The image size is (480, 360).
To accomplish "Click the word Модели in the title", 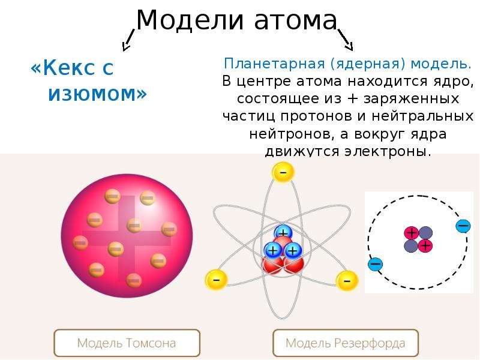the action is point(190,20).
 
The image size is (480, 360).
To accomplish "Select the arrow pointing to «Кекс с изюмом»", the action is point(128,40).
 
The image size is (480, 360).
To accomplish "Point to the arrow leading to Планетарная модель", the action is point(346,40).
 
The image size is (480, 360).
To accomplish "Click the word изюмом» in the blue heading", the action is point(98,94).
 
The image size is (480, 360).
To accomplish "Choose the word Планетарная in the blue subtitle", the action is point(274,64).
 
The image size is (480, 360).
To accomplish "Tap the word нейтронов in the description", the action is point(291,134).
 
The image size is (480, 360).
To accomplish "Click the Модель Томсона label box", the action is point(127,343).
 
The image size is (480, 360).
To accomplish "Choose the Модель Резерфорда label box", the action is point(346,343).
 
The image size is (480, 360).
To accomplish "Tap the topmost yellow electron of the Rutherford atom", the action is point(283,172).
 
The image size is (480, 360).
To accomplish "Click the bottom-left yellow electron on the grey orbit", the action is point(216,280).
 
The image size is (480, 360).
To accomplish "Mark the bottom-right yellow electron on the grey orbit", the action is point(347,281).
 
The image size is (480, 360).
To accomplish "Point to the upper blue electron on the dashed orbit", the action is point(463,226).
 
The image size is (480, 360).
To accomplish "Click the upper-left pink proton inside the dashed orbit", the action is point(412,233).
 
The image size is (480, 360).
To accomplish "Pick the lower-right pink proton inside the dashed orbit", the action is point(425,245).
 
